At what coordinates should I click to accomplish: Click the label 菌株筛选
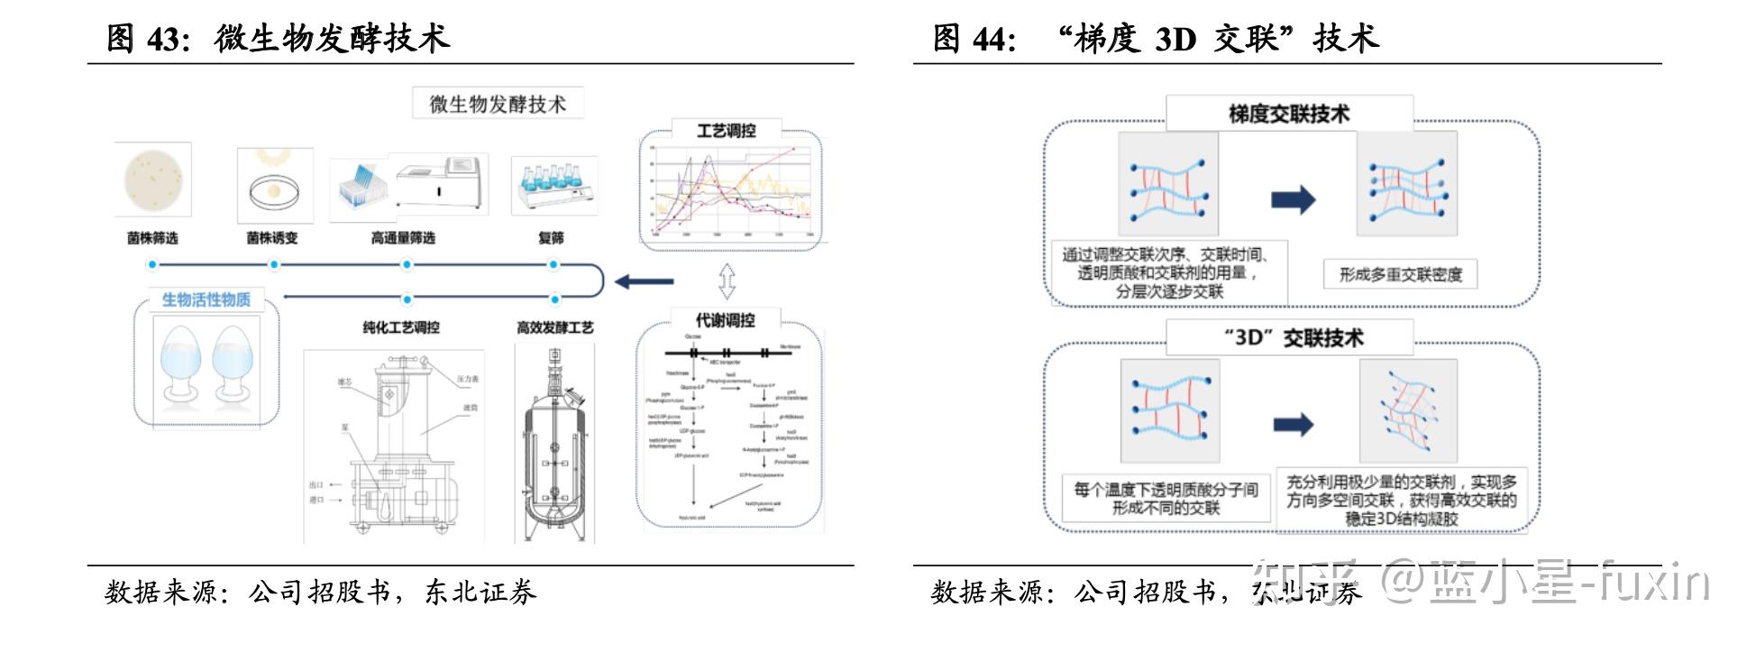152,238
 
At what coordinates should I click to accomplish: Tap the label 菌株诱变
272,238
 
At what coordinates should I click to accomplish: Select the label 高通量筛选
403,238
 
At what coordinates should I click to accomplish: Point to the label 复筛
551,238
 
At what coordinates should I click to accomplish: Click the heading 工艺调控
726,131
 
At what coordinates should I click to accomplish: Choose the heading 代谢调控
725,320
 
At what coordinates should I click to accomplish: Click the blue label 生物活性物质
206,299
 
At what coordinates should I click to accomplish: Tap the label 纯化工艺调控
401,327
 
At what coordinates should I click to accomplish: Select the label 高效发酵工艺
554,327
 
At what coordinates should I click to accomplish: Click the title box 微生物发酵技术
498,104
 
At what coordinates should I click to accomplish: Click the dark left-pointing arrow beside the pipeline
644,281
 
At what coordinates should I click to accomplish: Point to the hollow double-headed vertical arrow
727,281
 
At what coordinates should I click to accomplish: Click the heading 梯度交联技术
1289,115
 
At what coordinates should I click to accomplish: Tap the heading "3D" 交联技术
1293,338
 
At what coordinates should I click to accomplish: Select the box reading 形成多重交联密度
1400,274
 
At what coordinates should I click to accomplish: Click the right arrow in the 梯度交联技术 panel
1294,199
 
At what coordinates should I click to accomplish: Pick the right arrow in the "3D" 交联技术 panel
1294,424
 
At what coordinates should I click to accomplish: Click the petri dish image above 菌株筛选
153,179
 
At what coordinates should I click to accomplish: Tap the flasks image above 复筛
554,184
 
